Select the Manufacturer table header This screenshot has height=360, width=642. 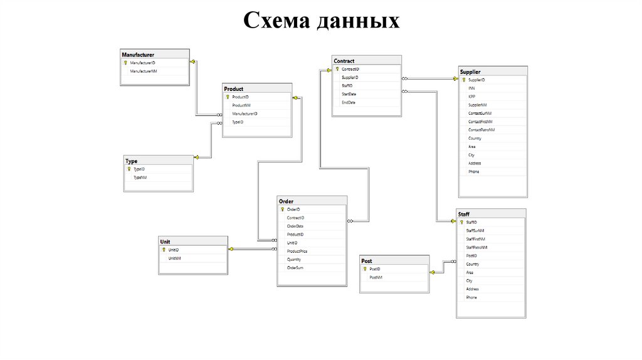coord(138,55)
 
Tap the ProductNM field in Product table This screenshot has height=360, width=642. coord(241,105)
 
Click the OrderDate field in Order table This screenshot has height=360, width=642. coord(295,226)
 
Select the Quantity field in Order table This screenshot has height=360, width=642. coord(294,259)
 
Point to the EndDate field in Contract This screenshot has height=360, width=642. coord(349,102)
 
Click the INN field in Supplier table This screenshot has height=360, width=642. coord(471,88)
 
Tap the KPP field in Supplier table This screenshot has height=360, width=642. coord(471,97)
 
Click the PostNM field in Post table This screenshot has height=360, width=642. coord(376,277)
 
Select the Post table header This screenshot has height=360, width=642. coord(367,261)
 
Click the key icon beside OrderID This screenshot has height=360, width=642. coord(282,209)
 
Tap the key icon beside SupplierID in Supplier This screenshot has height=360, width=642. coord(463,80)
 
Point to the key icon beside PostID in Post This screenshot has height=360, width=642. coord(365,268)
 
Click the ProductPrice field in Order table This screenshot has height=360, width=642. coord(297,251)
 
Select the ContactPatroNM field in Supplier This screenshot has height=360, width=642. coord(481,129)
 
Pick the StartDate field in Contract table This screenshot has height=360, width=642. coord(349,94)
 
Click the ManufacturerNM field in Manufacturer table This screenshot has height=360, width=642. coord(143,71)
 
